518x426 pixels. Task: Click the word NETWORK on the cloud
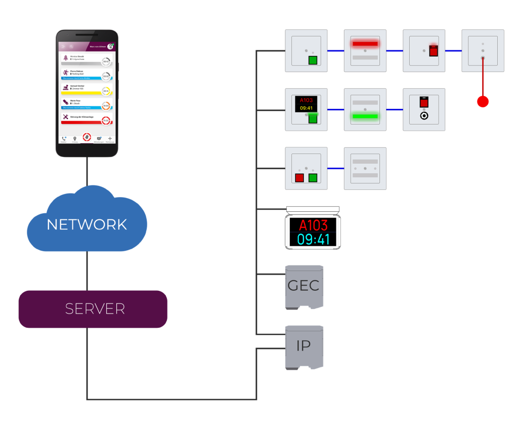pos(87,224)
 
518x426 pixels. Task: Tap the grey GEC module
pos(304,286)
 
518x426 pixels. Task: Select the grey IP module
pos(304,346)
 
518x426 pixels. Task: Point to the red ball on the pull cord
pos(483,102)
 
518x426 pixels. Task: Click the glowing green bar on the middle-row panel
pos(365,116)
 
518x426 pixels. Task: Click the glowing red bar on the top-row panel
pos(365,44)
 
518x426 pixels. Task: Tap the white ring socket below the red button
pos(424,115)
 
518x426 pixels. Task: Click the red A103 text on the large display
pos(313,225)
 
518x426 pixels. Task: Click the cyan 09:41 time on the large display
pos(313,239)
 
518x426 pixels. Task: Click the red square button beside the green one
pos(299,178)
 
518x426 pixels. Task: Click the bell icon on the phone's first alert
pos(66,58)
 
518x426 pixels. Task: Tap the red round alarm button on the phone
pos(87,137)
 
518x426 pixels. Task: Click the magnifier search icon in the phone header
pos(71,47)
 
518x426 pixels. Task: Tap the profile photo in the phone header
pos(110,46)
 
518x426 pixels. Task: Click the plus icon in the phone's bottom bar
pos(110,138)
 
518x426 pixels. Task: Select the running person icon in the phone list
pos(66,73)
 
